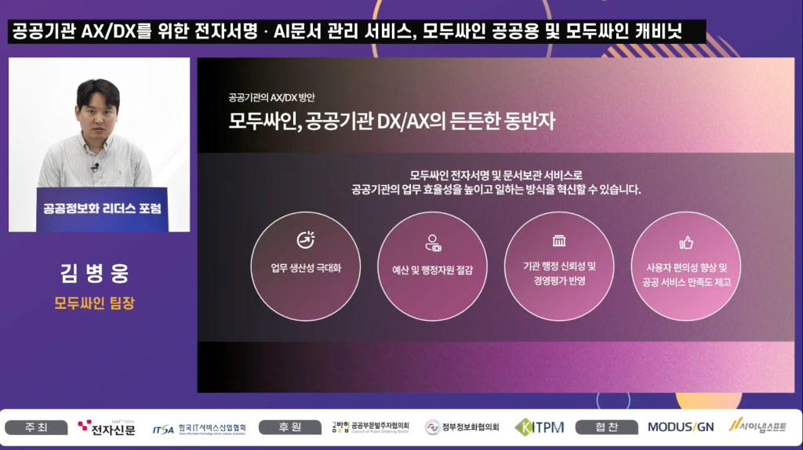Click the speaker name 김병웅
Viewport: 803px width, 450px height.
pyautogui.click(x=95, y=273)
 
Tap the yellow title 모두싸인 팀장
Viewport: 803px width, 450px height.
pyautogui.click(x=95, y=303)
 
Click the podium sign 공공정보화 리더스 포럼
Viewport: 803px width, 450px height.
pyautogui.click(x=103, y=209)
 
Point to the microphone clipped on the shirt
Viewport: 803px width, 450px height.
pyautogui.click(x=95, y=167)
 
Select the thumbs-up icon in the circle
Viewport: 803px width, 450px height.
pyautogui.click(x=685, y=243)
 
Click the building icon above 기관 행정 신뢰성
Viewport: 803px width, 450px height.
pyautogui.click(x=558, y=241)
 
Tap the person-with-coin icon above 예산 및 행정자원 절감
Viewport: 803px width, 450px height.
pyautogui.click(x=433, y=243)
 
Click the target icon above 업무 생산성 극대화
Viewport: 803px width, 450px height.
pyautogui.click(x=306, y=240)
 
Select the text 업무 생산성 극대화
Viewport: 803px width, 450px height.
pyautogui.click(x=306, y=268)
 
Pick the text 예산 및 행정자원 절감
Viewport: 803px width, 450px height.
pyautogui.click(x=432, y=270)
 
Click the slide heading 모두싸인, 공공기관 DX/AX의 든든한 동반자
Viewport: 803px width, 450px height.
pyautogui.click(x=392, y=122)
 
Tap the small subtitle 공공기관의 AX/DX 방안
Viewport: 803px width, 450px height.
pyautogui.click(x=271, y=97)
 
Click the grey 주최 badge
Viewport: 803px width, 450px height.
pyautogui.click(x=36, y=427)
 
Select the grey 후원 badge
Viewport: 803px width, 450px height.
pyautogui.click(x=290, y=427)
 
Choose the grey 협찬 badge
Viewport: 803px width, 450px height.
pyautogui.click(x=607, y=427)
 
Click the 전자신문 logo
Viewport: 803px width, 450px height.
pyautogui.click(x=107, y=427)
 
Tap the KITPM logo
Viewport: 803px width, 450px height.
pyautogui.click(x=540, y=427)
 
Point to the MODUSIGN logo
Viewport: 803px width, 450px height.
pyautogui.click(x=681, y=427)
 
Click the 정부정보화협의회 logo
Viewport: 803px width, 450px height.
pyautogui.click(x=462, y=427)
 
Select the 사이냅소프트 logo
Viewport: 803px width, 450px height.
pyautogui.click(x=758, y=426)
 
